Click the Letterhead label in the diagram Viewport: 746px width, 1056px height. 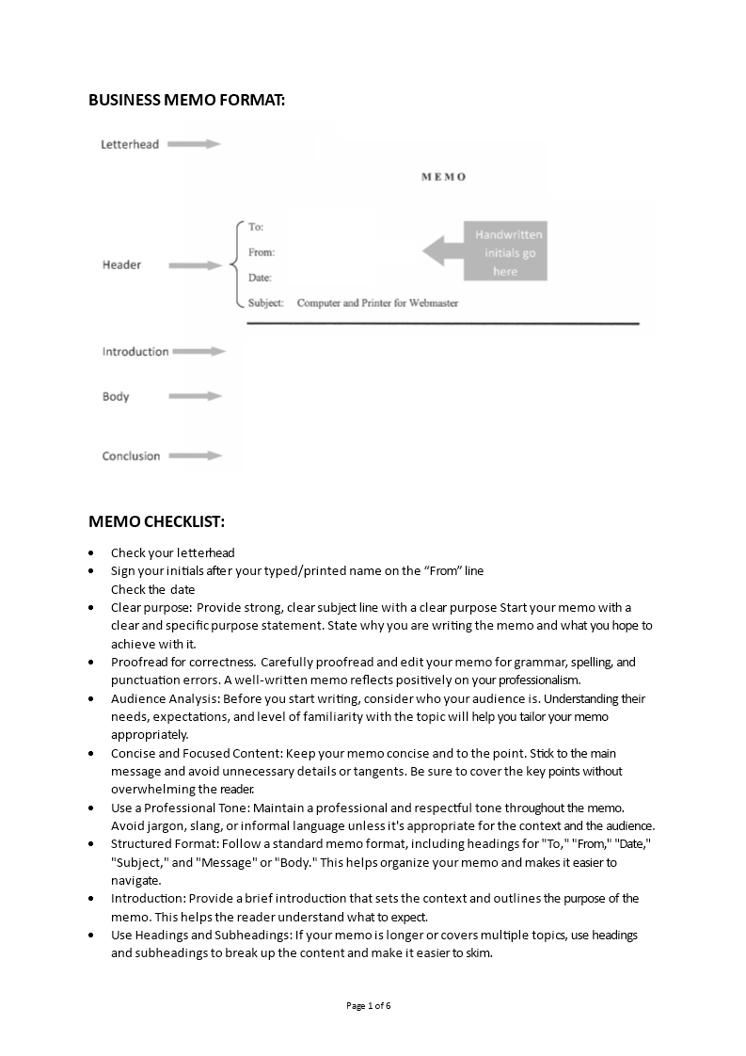(x=130, y=144)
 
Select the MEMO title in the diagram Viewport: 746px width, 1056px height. (x=443, y=177)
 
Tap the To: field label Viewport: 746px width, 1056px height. (x=256, y=227)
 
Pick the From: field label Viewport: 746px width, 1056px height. (x=261, y=252)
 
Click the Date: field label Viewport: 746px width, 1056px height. (x=260, y=278)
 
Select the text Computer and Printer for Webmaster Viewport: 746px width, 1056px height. (x=377, y=303)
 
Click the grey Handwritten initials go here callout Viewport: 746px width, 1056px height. (x=504, y=252)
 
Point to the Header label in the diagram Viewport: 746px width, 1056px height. (x=121, y=264)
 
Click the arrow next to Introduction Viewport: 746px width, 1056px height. (x=199, y=351)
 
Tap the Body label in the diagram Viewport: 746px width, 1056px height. (x=116, y=396)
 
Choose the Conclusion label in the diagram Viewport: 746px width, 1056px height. (x=131, y=456)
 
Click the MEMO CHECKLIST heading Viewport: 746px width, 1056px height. (x=156, y=521)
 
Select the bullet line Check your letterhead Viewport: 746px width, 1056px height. (x=173, y=552)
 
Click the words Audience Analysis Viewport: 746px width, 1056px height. (x=156, y=698)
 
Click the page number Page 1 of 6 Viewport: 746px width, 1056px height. (x=369, y=1005)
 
